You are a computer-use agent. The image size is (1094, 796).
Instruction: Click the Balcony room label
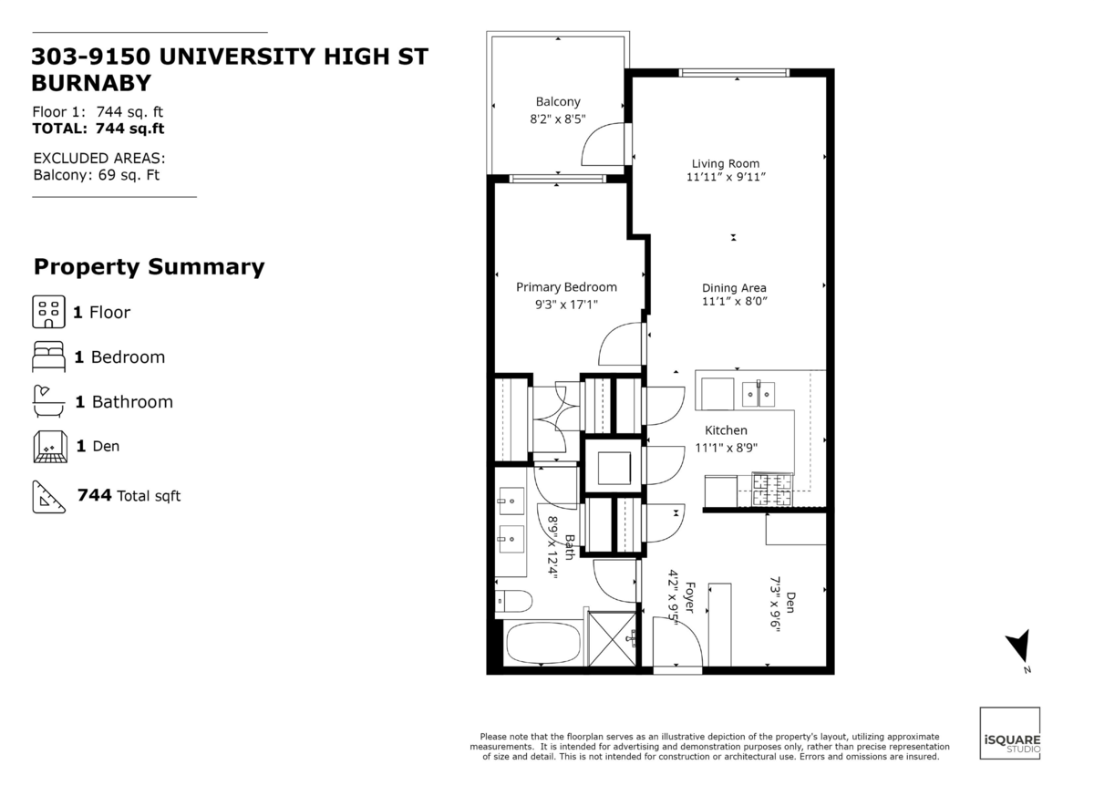[x=558, y=101]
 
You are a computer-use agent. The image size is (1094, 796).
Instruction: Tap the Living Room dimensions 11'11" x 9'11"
[x=726, y=177]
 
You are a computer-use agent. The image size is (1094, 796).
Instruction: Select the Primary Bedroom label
[x=566, y=287]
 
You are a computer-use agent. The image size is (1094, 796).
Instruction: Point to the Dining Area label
[x=734, y=288]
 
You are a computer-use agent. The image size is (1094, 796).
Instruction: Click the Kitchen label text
[x=726, y=430]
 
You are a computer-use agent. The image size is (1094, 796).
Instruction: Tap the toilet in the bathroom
[x=513, y=601]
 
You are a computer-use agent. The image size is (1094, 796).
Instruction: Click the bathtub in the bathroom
[x=543, y=644]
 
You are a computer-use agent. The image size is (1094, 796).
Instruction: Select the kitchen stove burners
[x=772, y=490]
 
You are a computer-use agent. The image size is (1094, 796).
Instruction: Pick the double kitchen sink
[x=758, y=394]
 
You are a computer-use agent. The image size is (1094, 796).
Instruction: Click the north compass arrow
[x=1020, y=646]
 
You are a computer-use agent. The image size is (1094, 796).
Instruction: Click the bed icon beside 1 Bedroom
[x=48, y=357]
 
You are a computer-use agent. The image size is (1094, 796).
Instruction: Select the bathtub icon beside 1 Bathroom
[x=48, y=401]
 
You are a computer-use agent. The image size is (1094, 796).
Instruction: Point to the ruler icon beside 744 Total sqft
[x=49, y=497]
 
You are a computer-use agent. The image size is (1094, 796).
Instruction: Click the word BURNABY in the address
[x=91, y=83]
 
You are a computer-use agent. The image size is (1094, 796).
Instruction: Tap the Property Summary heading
[x=149, y=266]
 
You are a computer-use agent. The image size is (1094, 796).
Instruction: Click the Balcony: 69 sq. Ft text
[x=97, y=175]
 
